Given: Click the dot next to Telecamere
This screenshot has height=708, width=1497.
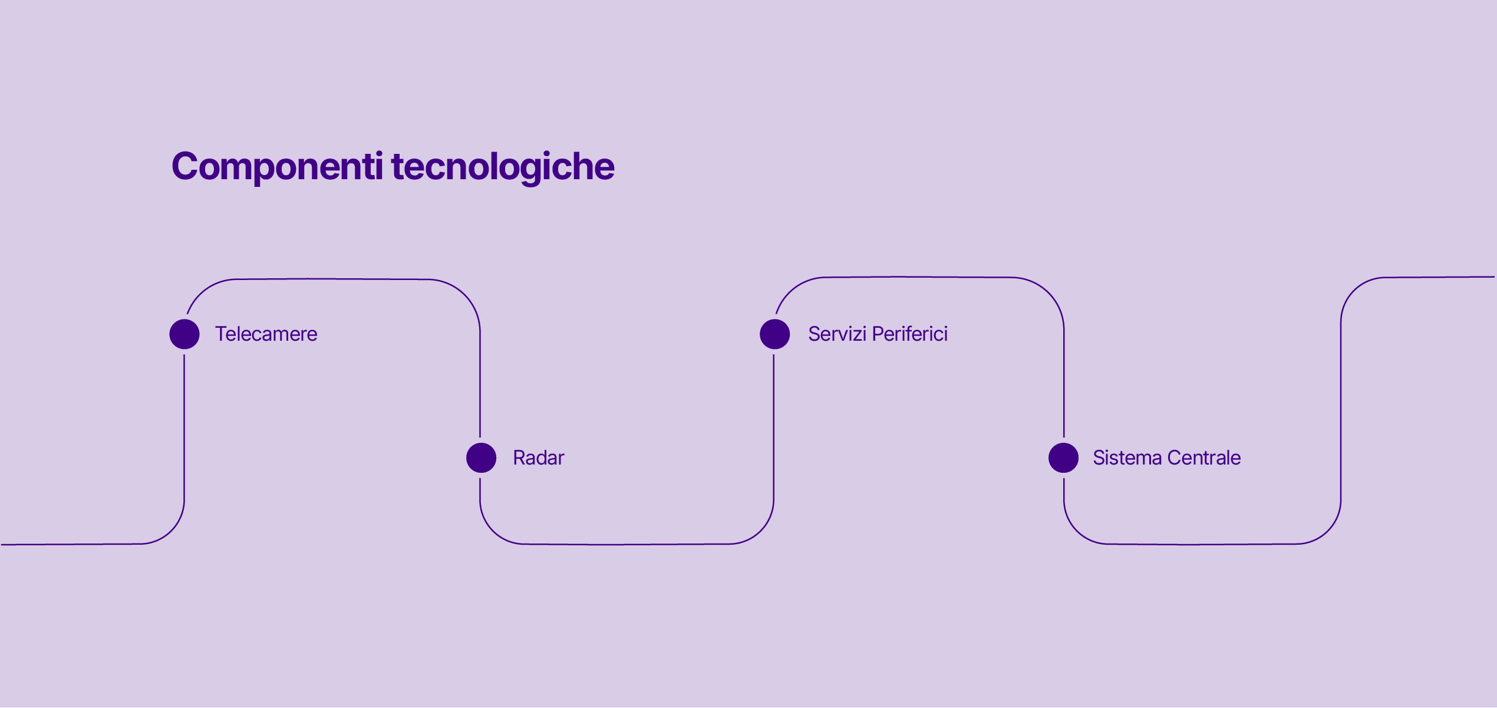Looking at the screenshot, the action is (184, 334).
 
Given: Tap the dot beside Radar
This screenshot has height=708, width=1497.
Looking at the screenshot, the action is (481, 458).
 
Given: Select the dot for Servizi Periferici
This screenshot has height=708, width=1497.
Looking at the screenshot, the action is (774, 334).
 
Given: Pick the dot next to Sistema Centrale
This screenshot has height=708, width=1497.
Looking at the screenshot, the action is (1063, 458).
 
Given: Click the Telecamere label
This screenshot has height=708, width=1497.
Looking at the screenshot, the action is (266, 334).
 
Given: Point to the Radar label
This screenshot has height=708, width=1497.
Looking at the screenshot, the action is (539, 458).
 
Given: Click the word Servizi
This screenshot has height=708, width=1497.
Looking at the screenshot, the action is (837, 334).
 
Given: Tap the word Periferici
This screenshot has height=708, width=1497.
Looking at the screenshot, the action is (910, 334).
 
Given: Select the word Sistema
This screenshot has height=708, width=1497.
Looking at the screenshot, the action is (1127, 458).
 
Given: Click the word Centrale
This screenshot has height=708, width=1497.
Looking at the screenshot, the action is (1204, 458).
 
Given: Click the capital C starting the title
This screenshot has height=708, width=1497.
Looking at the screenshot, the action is (184, 166).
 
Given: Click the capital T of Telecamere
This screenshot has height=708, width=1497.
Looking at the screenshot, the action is (222, 334).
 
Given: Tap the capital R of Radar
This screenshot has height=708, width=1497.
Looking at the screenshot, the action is (519, 458).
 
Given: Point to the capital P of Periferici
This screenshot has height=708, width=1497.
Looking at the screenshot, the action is (879, 334).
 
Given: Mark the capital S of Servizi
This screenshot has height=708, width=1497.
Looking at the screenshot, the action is (815, 334).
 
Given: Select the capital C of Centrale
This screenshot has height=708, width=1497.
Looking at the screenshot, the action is (1175, 458).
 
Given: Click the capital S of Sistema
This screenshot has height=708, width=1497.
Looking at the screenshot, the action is (1100, 458).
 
